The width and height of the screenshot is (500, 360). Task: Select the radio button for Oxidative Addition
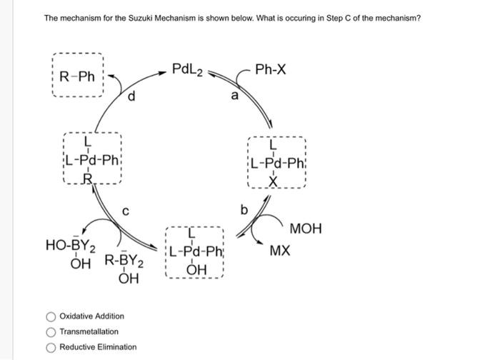[51, 316]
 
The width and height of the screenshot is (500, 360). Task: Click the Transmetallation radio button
[51, 331]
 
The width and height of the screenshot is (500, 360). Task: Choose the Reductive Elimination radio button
[51, 347]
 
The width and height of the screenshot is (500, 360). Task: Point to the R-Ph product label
[76, 76]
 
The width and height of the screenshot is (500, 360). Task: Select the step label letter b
[245, 209]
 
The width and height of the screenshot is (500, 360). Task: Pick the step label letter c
[125, 212]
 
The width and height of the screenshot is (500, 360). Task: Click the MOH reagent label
[306, 229]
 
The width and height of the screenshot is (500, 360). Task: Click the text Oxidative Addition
[91, 316]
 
